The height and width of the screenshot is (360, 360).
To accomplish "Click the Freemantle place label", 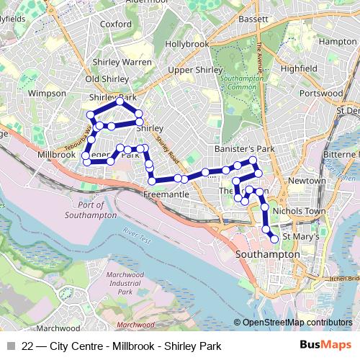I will [x=166, y=194].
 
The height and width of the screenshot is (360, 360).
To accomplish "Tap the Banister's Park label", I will [x=245, y=148].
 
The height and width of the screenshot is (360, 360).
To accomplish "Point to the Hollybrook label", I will [x=186, y=44].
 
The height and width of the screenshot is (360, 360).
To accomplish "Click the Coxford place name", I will [x=116, y=23].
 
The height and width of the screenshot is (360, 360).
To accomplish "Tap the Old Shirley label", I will [x=107, y=78].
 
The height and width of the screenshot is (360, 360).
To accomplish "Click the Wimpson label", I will [x=46, y=94].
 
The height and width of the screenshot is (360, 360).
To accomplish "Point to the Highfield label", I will [x=299, y=68].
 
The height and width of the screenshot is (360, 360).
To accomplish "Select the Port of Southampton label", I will [x=86, y=210].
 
